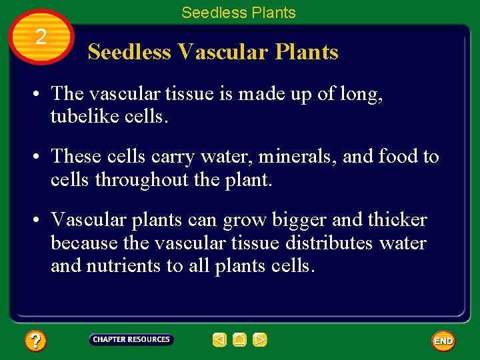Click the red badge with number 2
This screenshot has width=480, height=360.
pyautogui.click(x=41, y=37)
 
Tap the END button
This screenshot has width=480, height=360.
pyautogui.click(x=443, y=341)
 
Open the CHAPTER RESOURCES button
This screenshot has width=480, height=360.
pyautogui.click(x=131, y=339)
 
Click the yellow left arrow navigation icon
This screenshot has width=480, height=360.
pyautogui.click(x=219, y=340)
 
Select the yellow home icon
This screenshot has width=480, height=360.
pyautogui.click(x=240, y=340)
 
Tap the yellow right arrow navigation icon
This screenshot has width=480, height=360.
pyautogui.click(x=260, y=340)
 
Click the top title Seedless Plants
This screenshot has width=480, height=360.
pyautogui.click(x=239, y=13)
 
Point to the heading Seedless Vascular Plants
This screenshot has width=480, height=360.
pyautogui.click(x=213, y=52)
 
